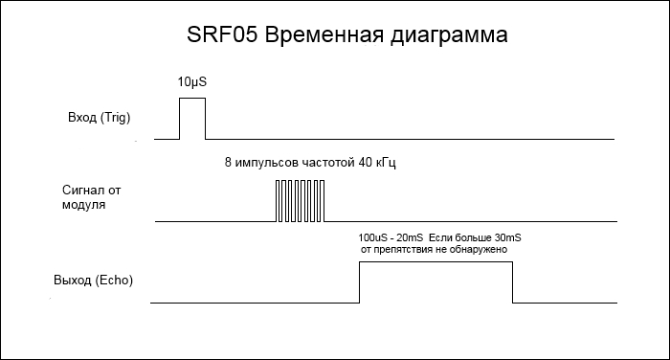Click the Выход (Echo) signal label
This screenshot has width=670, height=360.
pos(93,281)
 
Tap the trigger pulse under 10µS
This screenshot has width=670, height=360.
pos(192,118)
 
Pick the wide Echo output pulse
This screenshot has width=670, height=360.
pos(435,281)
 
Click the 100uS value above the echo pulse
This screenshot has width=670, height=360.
pos(371,236)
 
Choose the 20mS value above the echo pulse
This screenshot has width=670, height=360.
pos(409,236)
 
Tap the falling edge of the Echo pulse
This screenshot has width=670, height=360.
pos(513,281)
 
